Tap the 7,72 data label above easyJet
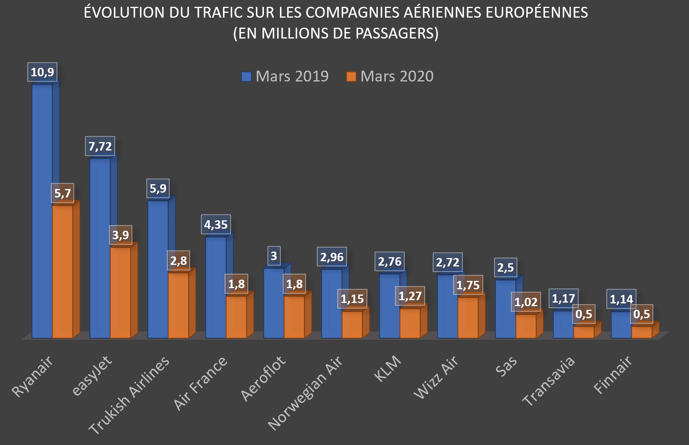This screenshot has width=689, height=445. [x=100, y=146]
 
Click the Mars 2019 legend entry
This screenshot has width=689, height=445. [x=285, y=76]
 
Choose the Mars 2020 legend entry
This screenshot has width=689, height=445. [x=390, y=76]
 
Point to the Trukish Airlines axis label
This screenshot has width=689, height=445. [x=129, y=395]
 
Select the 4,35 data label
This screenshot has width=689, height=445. [x=216, y=225]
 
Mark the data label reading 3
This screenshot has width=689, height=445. [x=274, y=256]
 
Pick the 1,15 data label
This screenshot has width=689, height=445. [x=352, y=299]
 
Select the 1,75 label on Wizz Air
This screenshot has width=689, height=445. [x=468, y=285]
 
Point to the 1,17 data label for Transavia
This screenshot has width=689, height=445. [x=563, y=299]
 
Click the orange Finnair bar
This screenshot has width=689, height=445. [x=642, y=332]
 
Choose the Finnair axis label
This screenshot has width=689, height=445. [x=613, y=375]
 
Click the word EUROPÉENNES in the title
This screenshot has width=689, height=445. [x=537, y=12]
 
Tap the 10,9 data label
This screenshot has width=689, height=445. [x=42, y=72]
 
